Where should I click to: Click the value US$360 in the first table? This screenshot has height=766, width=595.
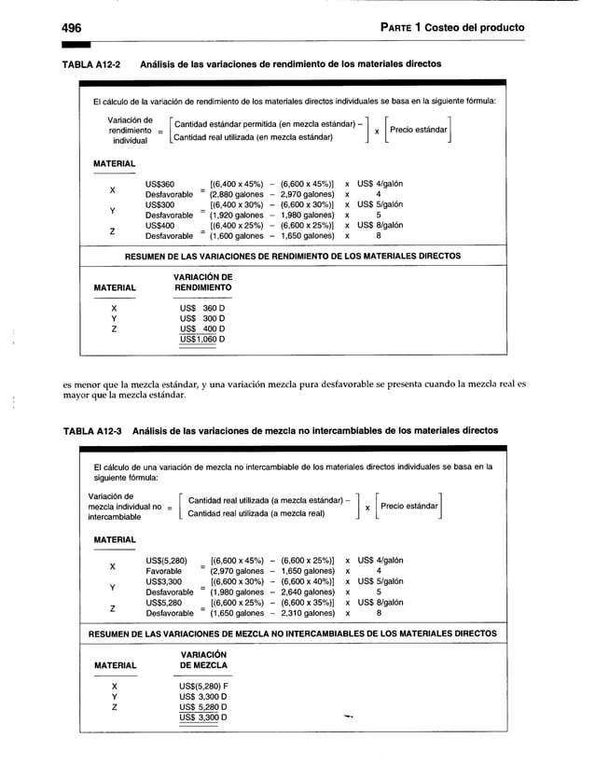[x=159, y=185]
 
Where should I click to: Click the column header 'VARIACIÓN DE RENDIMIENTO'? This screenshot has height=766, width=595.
[x=203, y=283]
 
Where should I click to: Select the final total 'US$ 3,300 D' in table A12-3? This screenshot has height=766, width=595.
[x=204, y=717]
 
